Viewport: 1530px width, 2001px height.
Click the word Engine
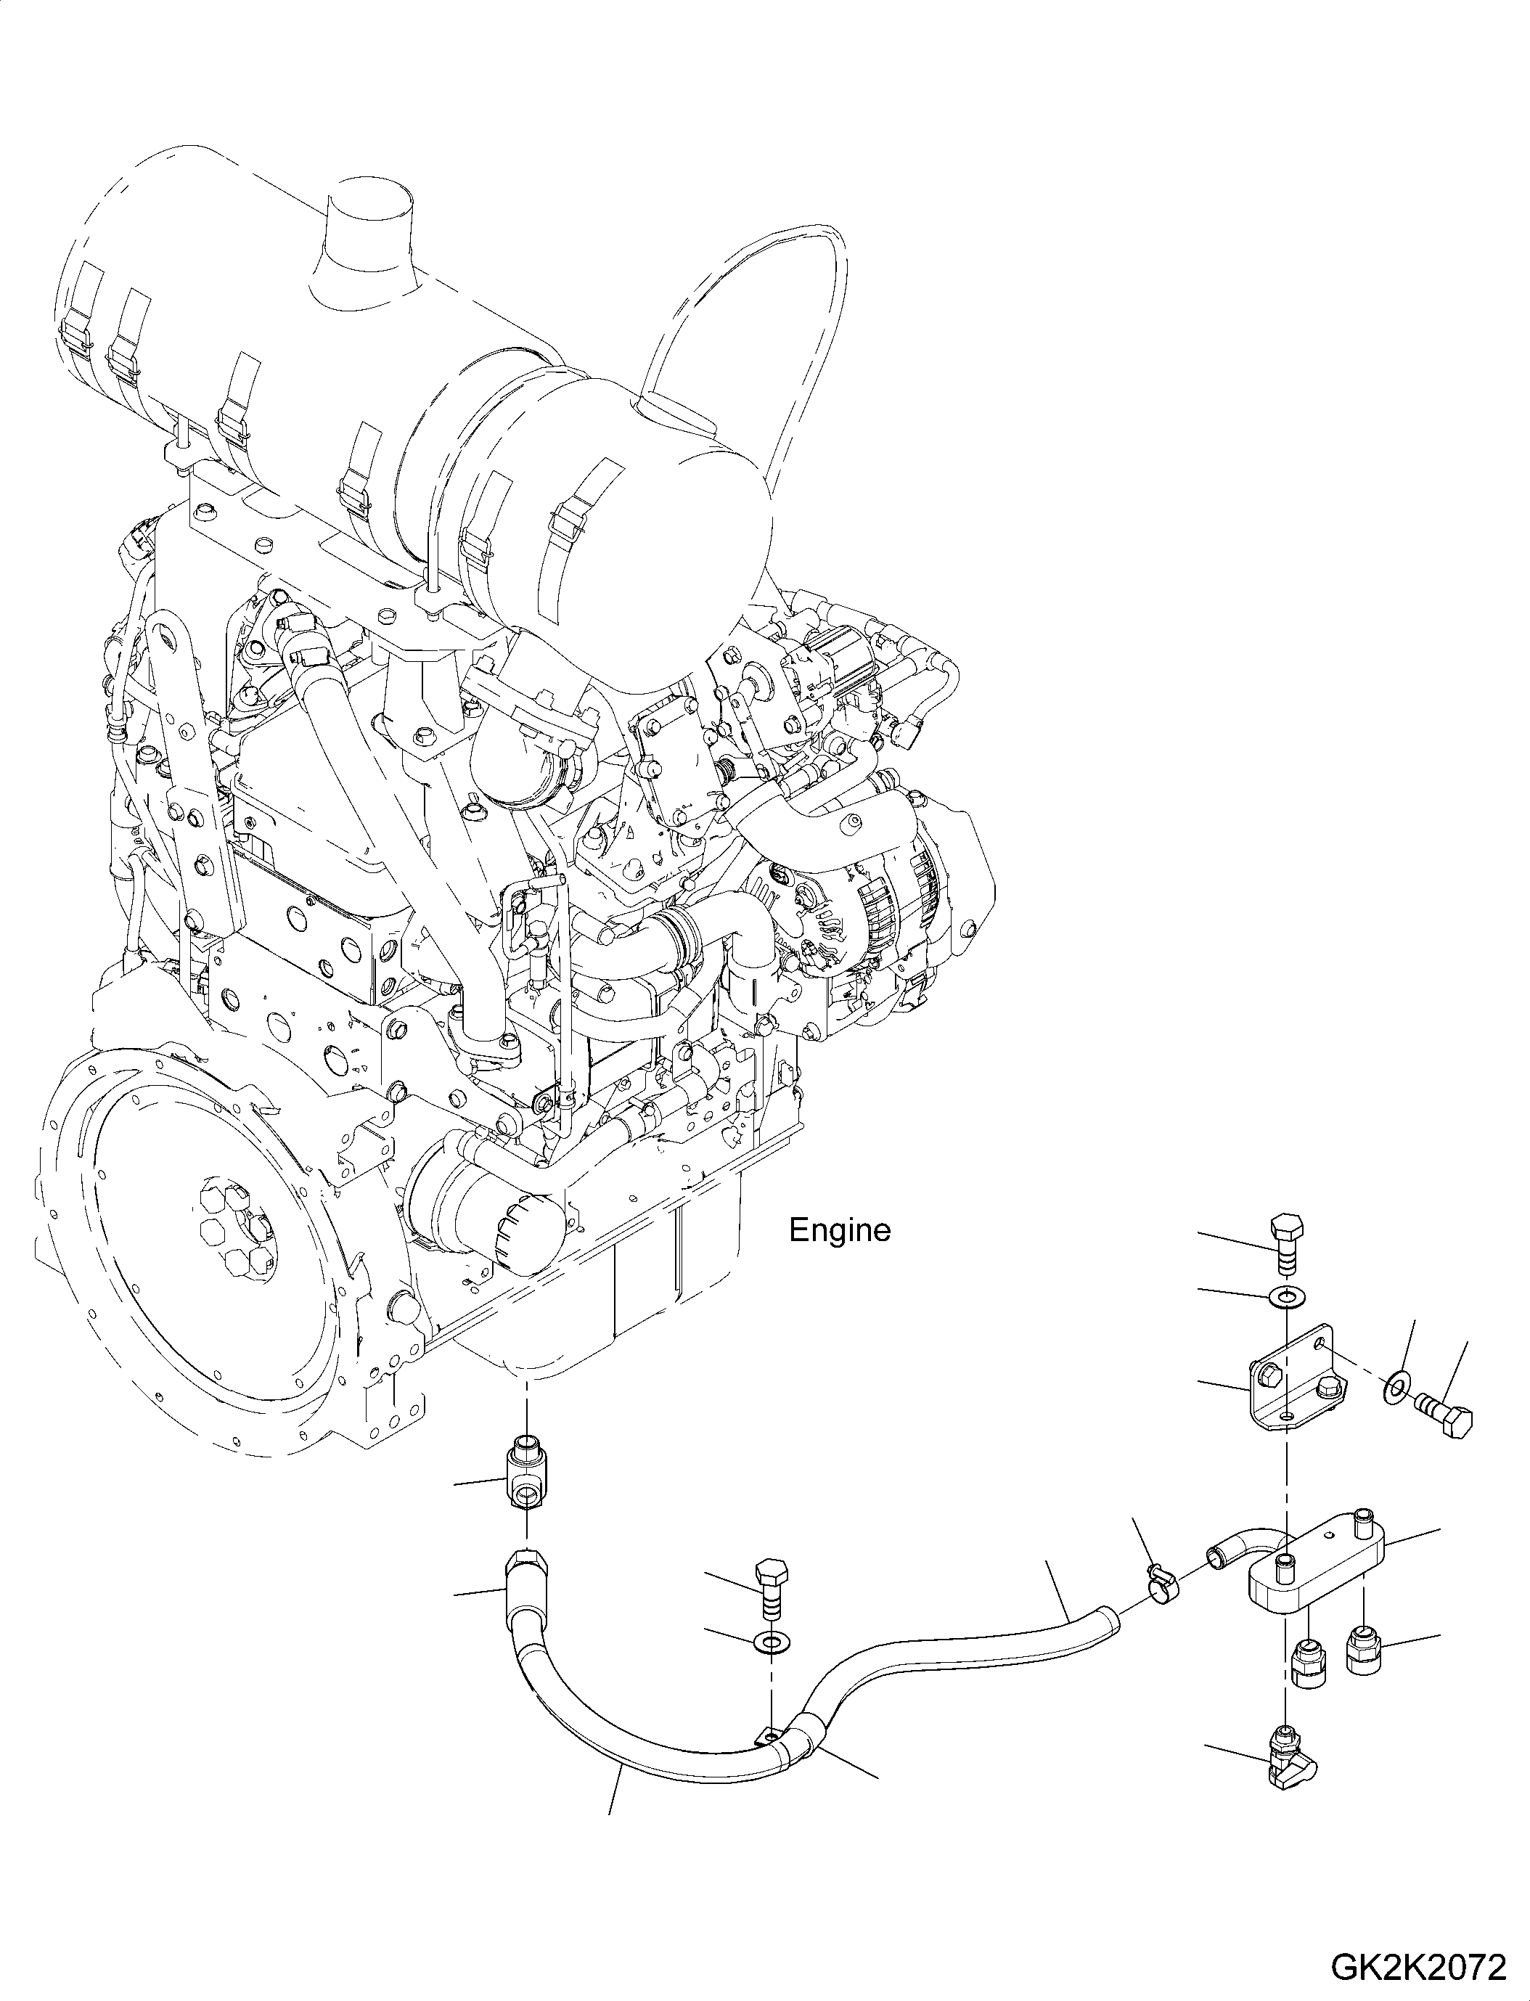pos(839,1230)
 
